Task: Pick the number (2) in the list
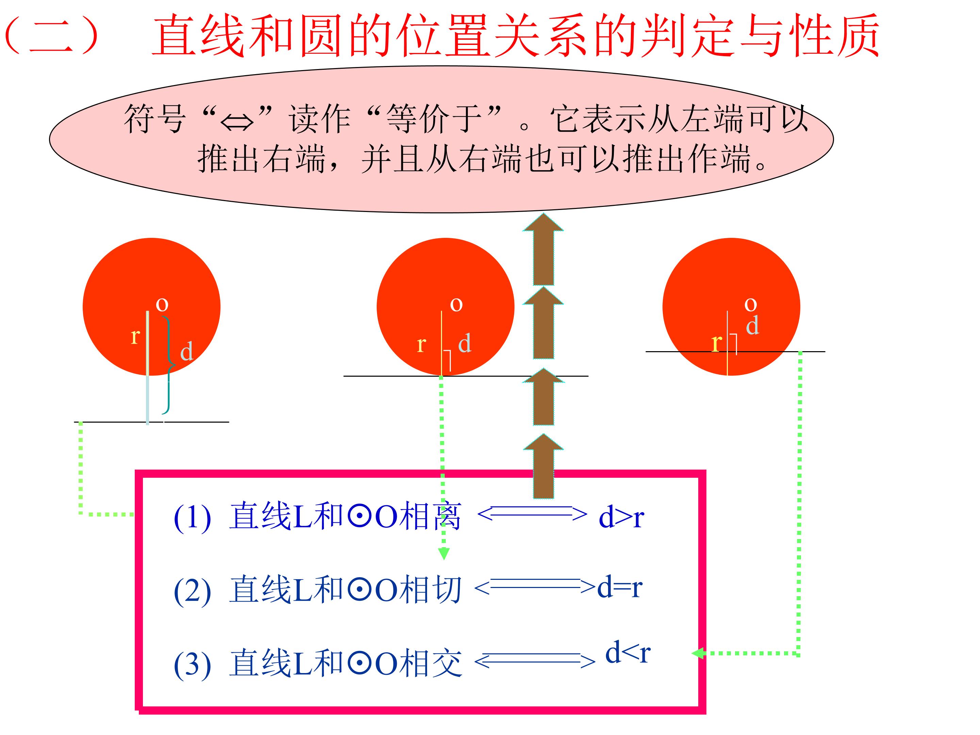[x=192, y=591]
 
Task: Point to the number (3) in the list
[x=192, y=665]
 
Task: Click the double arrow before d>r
[x=532, y=514]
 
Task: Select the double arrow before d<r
[x=535, y=661]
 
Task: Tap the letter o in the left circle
[x=162, y=304]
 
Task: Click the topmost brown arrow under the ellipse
[x=543, y=249]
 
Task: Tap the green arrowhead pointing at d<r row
[x=698, y=653]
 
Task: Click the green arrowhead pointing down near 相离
[x=443, y=554]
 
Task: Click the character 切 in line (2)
[x=445, y=589]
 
